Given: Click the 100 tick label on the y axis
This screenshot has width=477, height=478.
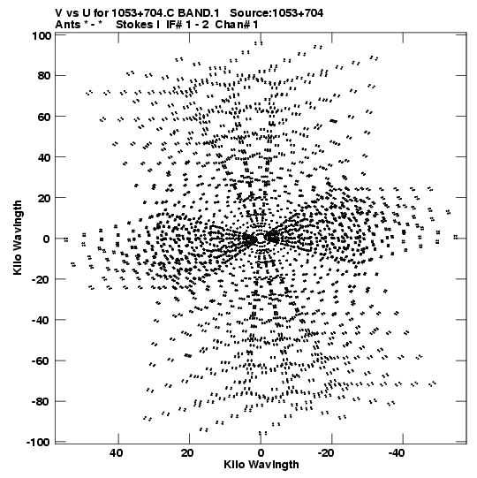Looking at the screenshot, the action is pos(42,35).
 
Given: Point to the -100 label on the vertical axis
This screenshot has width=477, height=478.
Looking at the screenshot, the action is pos(39,443).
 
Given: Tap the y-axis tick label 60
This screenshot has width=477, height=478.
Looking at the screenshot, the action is pos(44,117).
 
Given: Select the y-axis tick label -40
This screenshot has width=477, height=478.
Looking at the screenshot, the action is pos(42,320).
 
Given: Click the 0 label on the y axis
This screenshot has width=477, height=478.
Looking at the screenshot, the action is pos(47,239).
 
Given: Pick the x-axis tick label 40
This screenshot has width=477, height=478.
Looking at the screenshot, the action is pos(117,453).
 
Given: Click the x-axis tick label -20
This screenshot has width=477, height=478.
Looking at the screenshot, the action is pos(326,453).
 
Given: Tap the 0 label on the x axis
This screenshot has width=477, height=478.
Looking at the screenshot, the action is pos(261,453).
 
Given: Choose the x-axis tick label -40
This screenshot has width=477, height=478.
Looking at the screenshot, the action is pos(397,453).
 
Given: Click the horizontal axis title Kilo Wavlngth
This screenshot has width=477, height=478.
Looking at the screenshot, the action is pos(261,465).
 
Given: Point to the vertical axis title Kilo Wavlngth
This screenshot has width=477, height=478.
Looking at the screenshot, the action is pos(18,238).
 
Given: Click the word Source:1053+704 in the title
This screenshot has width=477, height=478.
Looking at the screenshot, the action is pos(276,12).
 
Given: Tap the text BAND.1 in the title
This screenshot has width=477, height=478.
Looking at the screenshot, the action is pos(199,12).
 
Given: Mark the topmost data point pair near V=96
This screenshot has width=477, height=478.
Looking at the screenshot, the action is pos(259,43).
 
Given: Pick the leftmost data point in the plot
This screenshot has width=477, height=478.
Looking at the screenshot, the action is pos(66,239).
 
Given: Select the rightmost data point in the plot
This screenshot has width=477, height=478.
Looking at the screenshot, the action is pos(456,237).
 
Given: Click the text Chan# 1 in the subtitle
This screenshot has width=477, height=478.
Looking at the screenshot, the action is pos(237,25).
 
